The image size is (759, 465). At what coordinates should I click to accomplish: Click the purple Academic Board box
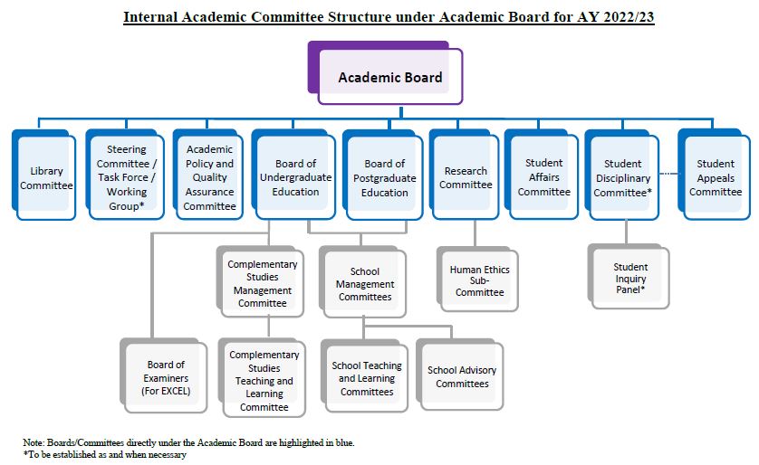(385, 73)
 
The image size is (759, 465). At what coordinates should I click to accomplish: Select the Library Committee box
(44, 175)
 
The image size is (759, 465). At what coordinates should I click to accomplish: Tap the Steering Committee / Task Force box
(125, 175)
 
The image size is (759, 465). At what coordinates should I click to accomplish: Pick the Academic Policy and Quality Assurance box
(208, 175)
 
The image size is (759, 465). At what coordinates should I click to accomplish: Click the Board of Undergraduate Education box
(293, 175)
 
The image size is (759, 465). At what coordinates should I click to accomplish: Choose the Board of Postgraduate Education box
(383, 175)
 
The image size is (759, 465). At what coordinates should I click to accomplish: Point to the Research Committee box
(465, 175)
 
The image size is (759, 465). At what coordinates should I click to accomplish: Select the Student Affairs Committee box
(542, 175)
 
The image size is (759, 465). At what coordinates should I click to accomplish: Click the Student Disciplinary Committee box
(622, 175)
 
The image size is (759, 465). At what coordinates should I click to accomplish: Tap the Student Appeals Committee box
(715, 175)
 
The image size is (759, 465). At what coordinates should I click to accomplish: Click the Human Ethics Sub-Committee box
(477, 279)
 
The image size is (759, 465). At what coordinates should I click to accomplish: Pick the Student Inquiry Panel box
(629, 277)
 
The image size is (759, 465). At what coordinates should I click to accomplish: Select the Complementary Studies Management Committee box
(261, 281)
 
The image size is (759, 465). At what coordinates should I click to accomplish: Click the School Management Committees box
(362, 281)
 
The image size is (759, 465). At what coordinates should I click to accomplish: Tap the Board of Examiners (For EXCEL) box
(164, 375)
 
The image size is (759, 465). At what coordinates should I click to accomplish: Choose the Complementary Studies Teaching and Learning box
(262, 377)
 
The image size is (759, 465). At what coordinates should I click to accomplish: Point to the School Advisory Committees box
(460, 375)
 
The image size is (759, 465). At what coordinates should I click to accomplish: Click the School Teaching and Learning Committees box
(364, 376)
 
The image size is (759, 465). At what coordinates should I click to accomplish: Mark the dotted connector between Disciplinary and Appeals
(668, 173)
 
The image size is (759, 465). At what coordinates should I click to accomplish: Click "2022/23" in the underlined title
(629, 17)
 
